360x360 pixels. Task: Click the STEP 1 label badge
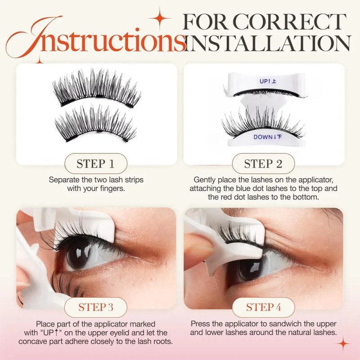[96, 164]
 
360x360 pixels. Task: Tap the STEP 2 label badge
[263, 164]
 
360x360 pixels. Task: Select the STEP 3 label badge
[96, 307]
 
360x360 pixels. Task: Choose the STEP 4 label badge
[263, 307]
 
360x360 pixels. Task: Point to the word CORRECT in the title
[289, 22]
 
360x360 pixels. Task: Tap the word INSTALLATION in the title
[268, 43]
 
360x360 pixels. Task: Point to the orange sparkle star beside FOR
[160, 18]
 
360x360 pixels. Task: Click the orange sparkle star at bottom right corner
[343, 344]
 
